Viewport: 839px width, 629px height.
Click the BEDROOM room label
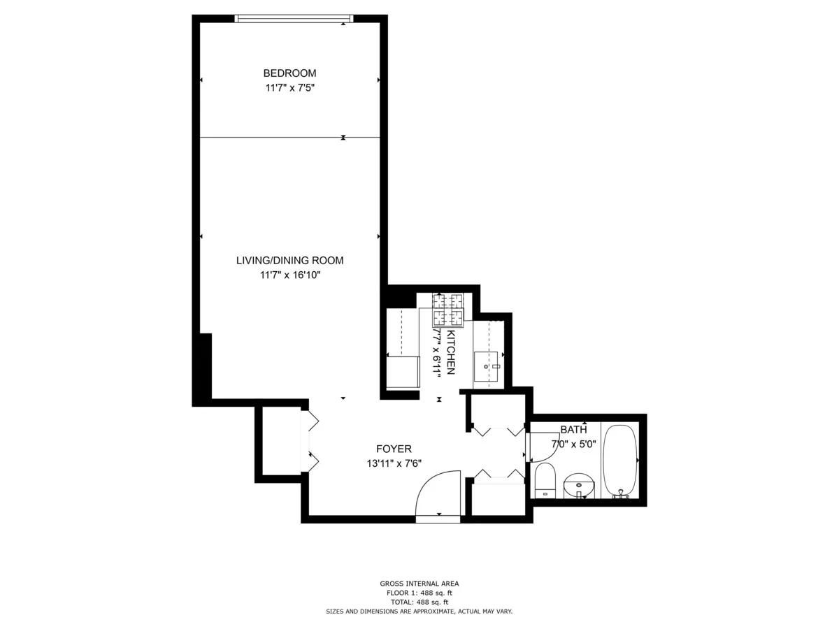tap(289, 73)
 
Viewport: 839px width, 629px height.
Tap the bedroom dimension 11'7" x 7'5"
tap(289, 88)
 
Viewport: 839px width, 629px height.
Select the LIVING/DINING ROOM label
tap(289, 260)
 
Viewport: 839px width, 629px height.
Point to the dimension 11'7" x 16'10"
tap(289, 275)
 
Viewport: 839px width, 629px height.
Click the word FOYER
tap(394, 449)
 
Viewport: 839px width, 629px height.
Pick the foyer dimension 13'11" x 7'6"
tap(394, 463)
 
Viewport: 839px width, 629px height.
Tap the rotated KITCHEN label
tap(451, 354)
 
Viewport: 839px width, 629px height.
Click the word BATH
tap(573, 429)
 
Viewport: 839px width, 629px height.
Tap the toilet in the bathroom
tap(545, 481)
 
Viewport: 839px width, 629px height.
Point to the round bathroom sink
tap(578, 484)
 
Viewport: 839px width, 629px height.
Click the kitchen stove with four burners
tap(447, 310)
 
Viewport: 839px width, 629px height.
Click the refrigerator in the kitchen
tap(402, 371)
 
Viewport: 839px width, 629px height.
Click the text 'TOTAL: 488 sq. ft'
tap(419, 602)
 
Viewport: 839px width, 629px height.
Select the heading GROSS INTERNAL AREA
tap(419, 584)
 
